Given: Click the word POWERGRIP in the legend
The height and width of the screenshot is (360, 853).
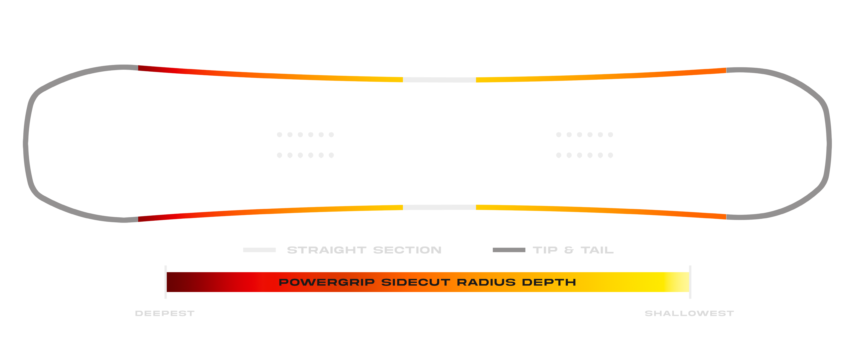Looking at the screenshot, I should coord(326,282).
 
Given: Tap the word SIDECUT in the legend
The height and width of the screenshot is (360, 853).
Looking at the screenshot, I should coord(416,282).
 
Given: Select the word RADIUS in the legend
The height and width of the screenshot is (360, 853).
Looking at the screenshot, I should coord(486,282).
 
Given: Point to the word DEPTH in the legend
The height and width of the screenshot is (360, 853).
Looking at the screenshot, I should coord(549,282).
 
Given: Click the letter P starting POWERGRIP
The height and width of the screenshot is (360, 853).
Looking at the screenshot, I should coord(283,282).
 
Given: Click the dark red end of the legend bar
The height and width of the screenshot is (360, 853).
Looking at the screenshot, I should coord(175,282).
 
